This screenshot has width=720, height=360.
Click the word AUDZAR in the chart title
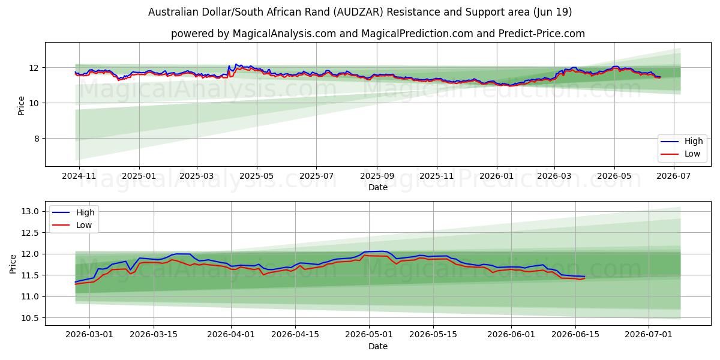click(358, 12)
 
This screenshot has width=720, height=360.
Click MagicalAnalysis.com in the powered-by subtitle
click(284, 34)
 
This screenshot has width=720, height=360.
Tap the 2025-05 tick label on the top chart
click(257, 176)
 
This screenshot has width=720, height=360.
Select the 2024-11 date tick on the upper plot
click(79, 176)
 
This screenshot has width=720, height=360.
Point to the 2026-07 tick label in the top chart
click(673, 176)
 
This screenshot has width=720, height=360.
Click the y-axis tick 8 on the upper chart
click(37, 139)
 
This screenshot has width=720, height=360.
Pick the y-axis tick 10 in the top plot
click(34, 103)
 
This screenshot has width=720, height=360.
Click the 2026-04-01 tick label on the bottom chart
click(231, 334)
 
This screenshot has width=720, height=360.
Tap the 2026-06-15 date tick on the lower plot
click(575, 334)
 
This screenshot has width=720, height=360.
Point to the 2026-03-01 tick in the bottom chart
click(89, 334)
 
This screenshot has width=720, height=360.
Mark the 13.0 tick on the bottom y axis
click(30, 211)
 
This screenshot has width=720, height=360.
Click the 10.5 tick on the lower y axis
click(30, 318)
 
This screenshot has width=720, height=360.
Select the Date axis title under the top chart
click(377, 187)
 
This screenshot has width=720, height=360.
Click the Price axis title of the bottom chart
click(13, 264)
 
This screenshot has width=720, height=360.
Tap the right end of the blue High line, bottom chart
click(584, 277)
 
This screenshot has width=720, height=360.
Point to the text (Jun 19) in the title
click(553, 12)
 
